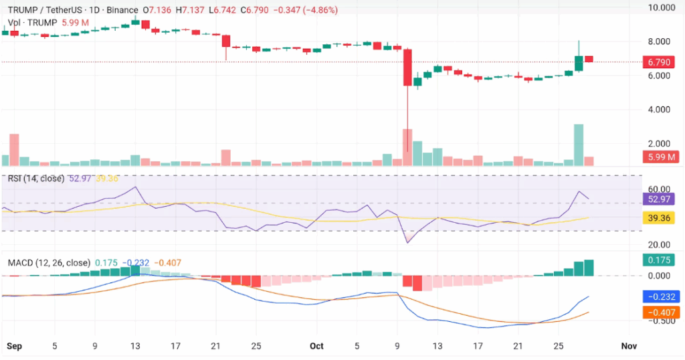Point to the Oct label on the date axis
click(x=316, y=346)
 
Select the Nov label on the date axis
click(x=627, y=346)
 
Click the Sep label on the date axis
click(x=13, y=346)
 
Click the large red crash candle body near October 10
click(x=407, y=67)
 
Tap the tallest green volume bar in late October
click(x=579, y=145)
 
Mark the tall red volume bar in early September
click(x=14, y=150)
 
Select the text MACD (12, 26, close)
click(x=49, y=263)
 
